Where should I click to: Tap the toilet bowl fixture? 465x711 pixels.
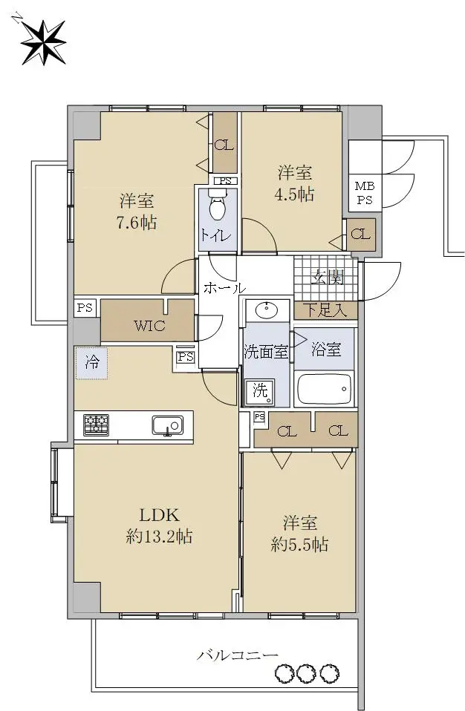click(x=218, y=205)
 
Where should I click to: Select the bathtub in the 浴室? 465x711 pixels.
click(x=325, y=389)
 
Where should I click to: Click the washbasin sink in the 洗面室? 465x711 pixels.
click(x=267, y=311)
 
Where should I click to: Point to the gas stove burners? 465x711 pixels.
click(x=96, y=425)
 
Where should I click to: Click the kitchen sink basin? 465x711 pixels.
click(x=167, y=426)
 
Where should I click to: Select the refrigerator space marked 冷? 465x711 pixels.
click(x=91, y=363)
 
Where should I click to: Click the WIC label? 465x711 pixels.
click(x=149, y=325)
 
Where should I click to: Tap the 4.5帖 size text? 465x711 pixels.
click(x=294, y=194)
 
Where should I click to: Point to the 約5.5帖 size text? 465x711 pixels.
click(x=299, y=544)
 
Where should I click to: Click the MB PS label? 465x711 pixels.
click(x=365, y=193)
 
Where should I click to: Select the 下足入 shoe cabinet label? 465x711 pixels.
click(x=325, y=310)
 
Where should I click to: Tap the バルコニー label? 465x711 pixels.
click(x=237, y=655)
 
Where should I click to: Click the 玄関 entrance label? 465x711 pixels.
click(x=327, y=276)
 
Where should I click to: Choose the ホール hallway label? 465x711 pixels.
click(x=224, y=287)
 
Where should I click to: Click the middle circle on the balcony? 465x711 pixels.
click(x=306, y=673)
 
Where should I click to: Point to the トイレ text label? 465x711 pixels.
click(x=216, y=235)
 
